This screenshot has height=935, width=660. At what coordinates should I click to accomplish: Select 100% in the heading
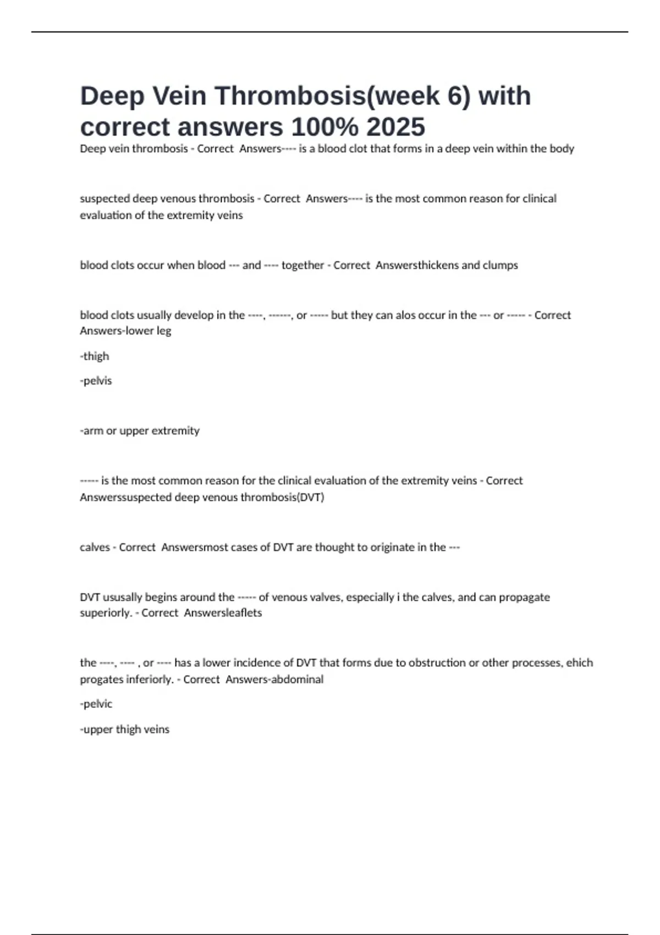click(x=324, y=127)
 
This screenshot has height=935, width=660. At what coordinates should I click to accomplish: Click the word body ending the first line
click(x=562, y=148)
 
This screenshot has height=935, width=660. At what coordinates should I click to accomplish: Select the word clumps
click(x=500, y=265)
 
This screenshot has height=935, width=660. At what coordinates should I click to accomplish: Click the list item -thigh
click(x=95, y=356)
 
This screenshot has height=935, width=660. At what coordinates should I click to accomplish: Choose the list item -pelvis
click(x=96, y=381)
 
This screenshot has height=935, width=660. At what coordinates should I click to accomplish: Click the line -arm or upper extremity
click(x=140, y=431)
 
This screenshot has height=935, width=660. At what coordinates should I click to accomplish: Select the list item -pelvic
click(x=96, y=704)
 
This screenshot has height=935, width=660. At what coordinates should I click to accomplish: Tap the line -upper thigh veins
click(x=125, y=729)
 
